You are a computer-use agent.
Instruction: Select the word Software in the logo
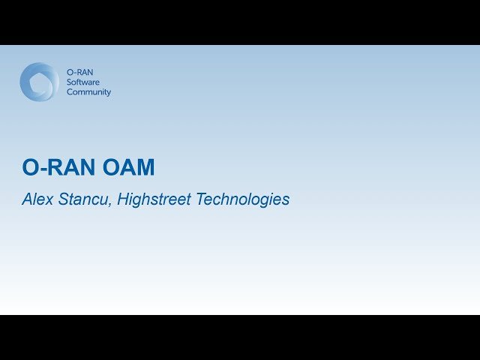82,82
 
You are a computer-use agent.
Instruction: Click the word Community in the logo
88,92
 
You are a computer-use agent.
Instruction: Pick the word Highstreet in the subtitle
154,200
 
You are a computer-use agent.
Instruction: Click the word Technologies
242,199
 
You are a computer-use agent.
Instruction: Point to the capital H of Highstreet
123,199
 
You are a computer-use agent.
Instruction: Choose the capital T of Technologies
199,199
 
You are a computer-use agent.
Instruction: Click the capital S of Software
69,82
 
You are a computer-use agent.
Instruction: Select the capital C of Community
70,92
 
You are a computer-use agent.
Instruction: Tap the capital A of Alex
27,199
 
